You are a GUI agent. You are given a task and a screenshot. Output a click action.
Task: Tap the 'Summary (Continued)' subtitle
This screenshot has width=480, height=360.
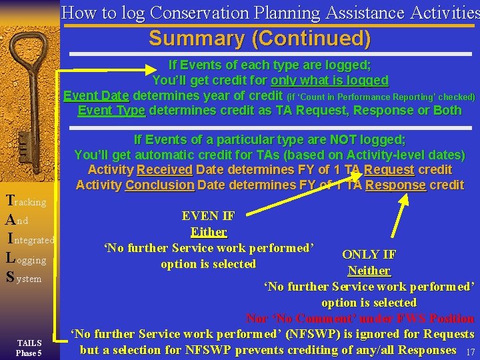[259, 39]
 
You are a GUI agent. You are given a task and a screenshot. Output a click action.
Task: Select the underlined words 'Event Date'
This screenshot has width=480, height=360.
[97, 96]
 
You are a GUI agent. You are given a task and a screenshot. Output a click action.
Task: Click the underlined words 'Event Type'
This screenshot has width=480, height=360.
[111, 110]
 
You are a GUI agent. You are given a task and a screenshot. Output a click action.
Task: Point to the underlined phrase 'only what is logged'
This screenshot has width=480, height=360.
[329, 81]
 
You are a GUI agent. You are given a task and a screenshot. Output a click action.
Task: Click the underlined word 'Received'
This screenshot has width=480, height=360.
[164, 170]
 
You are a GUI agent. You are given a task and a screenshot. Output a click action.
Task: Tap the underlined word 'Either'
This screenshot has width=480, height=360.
[208, 232]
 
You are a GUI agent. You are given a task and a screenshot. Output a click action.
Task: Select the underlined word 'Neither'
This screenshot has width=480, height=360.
[369, 271]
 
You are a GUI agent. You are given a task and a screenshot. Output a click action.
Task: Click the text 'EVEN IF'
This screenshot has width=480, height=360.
[208, 216]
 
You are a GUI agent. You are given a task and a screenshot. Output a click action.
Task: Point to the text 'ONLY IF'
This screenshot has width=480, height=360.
[369, 255]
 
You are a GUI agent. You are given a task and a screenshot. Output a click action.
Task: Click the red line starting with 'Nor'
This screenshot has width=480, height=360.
[360, 319]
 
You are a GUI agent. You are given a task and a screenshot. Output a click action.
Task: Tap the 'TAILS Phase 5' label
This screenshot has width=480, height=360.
[29, 347]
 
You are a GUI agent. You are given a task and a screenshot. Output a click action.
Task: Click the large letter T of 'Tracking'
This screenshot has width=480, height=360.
[9, 200]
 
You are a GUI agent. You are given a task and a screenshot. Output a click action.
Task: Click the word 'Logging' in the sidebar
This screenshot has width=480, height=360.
[27, 259]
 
